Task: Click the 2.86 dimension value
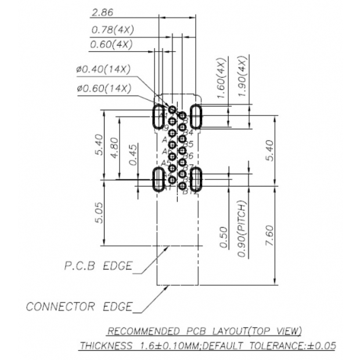tap(102, 12)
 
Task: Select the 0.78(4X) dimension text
tap(112, 29)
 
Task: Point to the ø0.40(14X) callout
tap(103, 69)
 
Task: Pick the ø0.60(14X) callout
tap(103, 88)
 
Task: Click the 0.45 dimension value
tap(135, 156)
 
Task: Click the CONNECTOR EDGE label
tap(79, 306)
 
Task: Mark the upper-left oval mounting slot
tap(158, 117)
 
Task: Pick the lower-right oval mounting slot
tap(196, 179)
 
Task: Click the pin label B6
tap(189, 156)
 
